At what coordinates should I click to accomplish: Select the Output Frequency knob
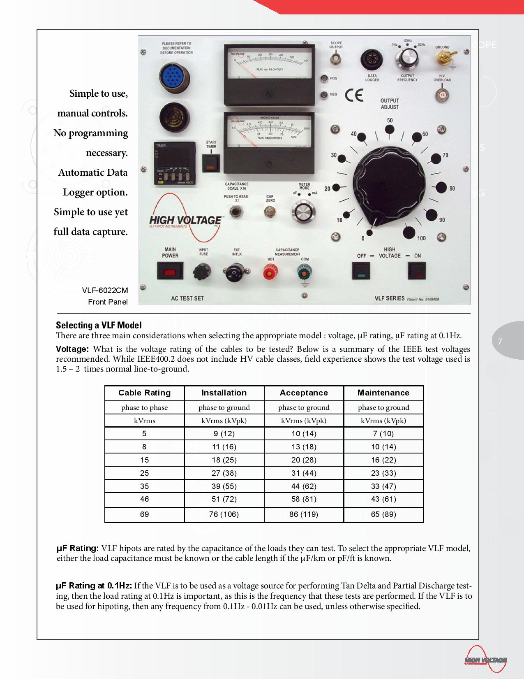click(407, 58)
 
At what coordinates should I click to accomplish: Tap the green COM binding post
click(305, 272)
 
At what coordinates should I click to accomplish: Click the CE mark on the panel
click(354, 95)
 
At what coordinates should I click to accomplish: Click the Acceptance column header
click(304, 393)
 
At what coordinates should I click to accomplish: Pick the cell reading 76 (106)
click(224, 514)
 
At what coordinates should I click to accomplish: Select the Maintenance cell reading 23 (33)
click(383, 473)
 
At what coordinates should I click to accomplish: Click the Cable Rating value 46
click(144, 499)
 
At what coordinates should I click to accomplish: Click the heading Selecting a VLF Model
click(99, 325)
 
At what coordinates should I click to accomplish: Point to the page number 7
click(500, 341)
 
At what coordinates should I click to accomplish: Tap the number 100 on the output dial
click(421, 238)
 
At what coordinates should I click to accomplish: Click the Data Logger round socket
click(372, 60)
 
